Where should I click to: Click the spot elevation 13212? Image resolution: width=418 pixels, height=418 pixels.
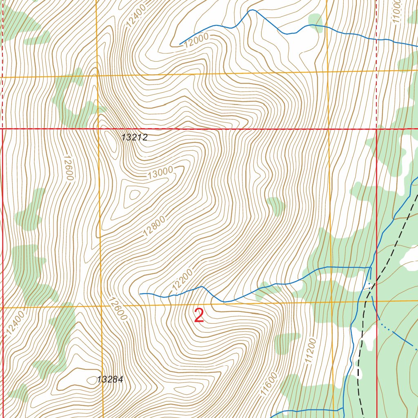[134, 138]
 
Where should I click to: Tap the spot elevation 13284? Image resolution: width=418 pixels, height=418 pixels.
[110, 380]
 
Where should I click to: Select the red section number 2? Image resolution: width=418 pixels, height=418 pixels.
[199, 316]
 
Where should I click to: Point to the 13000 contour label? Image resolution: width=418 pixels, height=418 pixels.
[160, 174]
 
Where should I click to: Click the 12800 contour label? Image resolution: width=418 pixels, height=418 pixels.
[154, 227]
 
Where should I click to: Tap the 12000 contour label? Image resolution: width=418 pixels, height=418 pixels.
[196, 41]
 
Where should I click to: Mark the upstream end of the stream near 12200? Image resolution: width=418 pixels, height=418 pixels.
[140, 293]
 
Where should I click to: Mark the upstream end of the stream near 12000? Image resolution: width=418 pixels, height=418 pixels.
[180, 44]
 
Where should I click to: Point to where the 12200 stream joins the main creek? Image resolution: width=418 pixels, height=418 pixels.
[370, 268]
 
